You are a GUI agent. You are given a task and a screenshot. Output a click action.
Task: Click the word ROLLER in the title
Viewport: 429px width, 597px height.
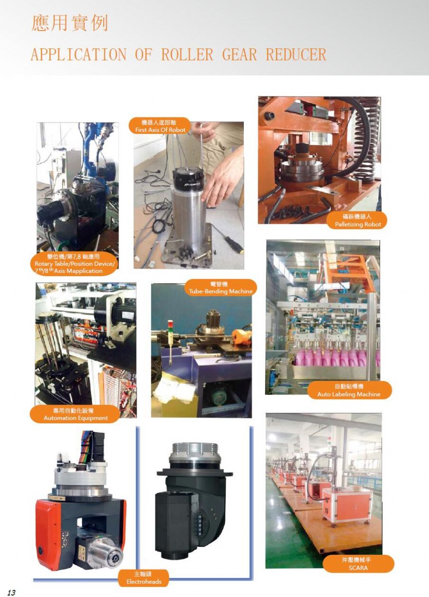click(187, 55)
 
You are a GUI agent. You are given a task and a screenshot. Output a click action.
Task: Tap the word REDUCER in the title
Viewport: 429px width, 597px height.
click(296, 55)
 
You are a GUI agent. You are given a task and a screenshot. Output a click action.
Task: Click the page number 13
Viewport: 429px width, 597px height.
click(11, 591)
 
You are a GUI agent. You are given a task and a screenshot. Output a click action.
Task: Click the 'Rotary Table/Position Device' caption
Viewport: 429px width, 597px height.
click(74, 264)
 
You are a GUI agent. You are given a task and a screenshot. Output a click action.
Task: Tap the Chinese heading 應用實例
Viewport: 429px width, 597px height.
click(69, 23)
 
